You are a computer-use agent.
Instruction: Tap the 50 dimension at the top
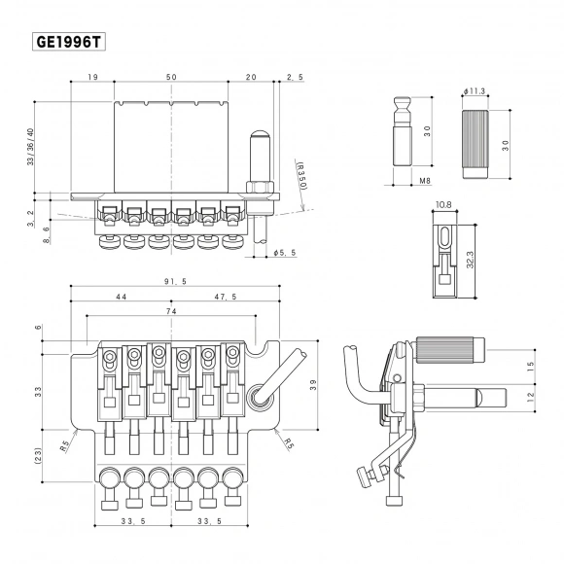pyautogui.click(x=172, y=77)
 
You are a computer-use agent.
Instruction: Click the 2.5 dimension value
pyautogui.click(x=295, y=77)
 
